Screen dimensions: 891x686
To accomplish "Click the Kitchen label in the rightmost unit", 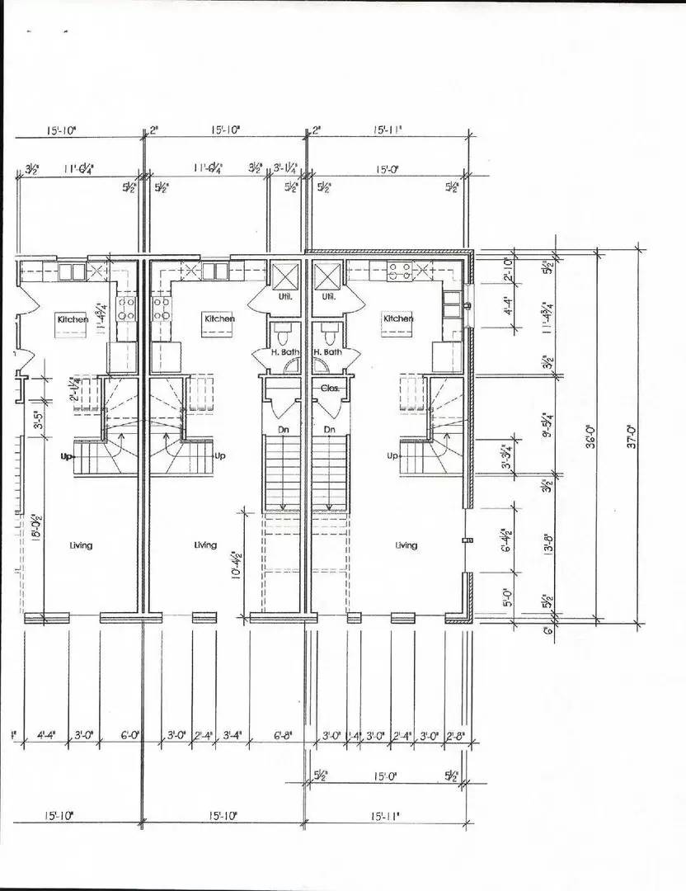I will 397,318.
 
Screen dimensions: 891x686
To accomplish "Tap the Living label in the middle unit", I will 205,545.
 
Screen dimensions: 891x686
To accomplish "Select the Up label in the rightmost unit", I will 392,455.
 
